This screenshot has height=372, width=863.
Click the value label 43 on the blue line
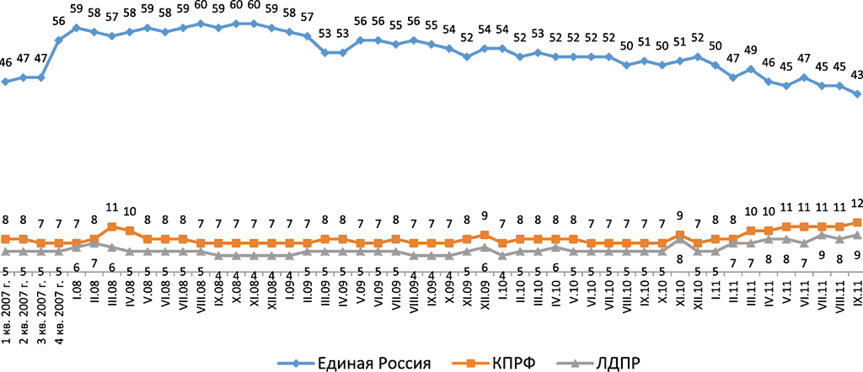tap(857, 75)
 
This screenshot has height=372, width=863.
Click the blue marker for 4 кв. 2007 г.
tap(59, 40)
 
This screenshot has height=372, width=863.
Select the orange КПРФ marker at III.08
tap(112, 226)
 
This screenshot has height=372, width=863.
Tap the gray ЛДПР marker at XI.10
tap(680, 239)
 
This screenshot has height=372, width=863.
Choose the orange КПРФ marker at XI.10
tap(680, 235)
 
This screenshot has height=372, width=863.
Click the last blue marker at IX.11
tap(857, 94)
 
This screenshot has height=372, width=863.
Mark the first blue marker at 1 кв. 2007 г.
tap(6, 82)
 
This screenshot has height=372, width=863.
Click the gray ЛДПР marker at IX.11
tap(857, 235)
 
